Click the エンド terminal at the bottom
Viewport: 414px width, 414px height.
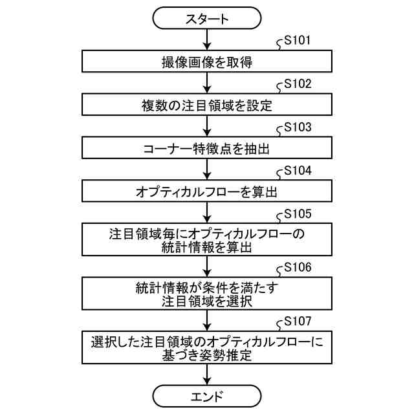click(206, 394)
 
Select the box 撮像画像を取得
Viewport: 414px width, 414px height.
click(206, 62)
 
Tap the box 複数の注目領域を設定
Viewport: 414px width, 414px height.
click(206, 105)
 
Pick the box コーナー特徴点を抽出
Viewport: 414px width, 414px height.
click(206, 147)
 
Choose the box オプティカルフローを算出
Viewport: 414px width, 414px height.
click(206, 191)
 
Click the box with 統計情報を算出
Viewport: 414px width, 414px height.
click(206, 239)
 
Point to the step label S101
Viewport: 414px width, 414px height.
click(298, 41)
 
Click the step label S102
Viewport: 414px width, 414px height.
click(298, 84)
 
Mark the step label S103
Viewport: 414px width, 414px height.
click(298, 127)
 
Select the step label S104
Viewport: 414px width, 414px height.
click(298, 170)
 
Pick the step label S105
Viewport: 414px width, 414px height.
click(298, 213)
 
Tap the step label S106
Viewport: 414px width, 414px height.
click(298, 267)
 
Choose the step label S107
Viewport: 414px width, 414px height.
click(298, 321)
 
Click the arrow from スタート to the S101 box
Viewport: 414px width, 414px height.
click(206, 40)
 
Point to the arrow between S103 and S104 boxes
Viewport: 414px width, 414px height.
click(206, 169)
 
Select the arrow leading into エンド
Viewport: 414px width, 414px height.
click(206, 374)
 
